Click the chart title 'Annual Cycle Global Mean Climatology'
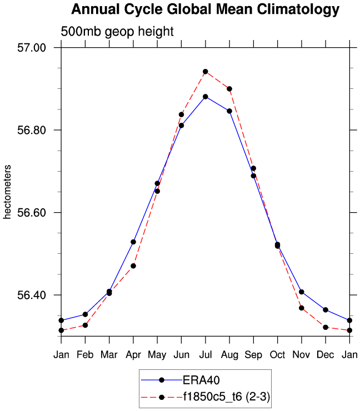pos(205,9)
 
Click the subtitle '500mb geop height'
pos(117,32)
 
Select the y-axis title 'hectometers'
pos(8,191)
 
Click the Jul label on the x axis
pos(205,355)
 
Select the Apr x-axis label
pos(133,355)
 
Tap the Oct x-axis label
pos(277,355)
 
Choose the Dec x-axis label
pos(326,355)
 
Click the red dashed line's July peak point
pos(206,72)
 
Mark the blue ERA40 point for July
pos(206,97)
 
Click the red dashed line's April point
pos(133,266)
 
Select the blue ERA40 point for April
pos(133,242)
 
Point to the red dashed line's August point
pos(229,89)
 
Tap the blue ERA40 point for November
pos(302,292)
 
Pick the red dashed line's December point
pos(326,327)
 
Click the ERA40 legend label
pos(198,380)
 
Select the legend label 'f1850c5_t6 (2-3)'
pos(227,397)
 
